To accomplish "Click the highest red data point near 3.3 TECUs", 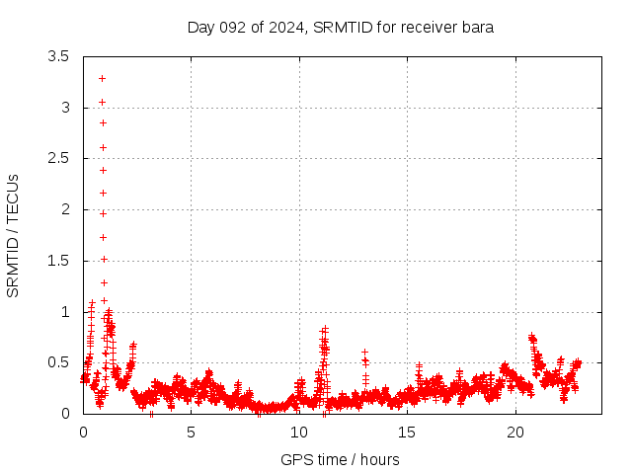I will pyautogui.click(x=102, y=78).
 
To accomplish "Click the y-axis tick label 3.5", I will pyautogui.click(x=58, y=56).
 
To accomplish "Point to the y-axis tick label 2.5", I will pyautogui.click(x=58, y=158).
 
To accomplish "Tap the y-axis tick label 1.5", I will pyautogui.click(x=58, y=261).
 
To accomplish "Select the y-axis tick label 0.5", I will pyautogui.click(x=58, y=362).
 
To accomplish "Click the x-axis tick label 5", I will pyautogui.click(x=191, y=433).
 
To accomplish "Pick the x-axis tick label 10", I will pyautogui.click(x=299, y=433).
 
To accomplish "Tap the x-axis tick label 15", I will pyautogui.click(x=407, y=433).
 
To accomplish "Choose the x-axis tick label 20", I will pyautogui.click(x=515, y=433).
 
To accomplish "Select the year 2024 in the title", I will pyautogui.click(x=286, y=27).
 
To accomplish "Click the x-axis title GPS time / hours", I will pyautogui.click(x=340, y=459).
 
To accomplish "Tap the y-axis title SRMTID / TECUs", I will pyautogui.click(x=13, y=235).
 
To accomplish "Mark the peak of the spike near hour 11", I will pyautogui.click(x=325, y=329).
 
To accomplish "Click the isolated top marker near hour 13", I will pyautogui.click(x=364, y=352).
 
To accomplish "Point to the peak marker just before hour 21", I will pyautogui.click(x=532, y=337).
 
